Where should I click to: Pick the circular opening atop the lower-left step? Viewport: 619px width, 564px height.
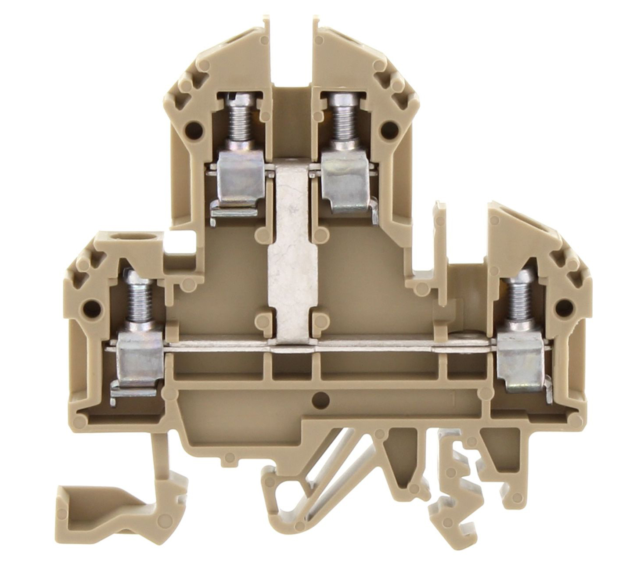(122, 239)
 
